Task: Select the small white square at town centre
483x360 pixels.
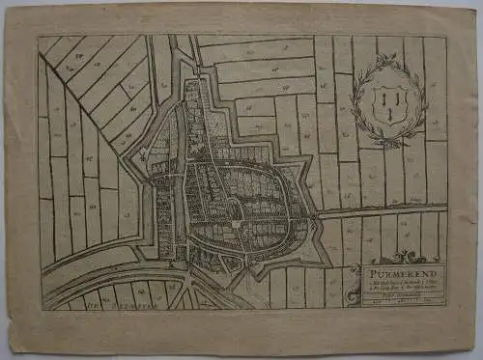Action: click(x=235, y=222)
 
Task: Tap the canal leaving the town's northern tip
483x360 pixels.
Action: click(x=183, y=58)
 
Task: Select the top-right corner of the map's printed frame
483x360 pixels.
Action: click(x=447, y=37)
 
